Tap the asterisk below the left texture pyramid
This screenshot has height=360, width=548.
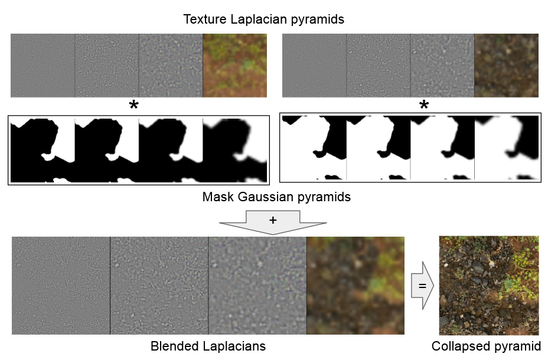coord(134,106)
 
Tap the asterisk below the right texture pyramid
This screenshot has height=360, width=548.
coord(423,106)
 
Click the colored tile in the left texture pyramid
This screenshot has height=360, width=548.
coord(234,65)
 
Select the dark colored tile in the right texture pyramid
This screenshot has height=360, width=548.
coord(506,65)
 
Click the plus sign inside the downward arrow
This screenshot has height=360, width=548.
coord(272,220)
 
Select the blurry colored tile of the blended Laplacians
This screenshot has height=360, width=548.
coord(355,285)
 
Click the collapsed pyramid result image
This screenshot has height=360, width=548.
coord(489,285)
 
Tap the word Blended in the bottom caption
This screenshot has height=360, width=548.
coord(174,346)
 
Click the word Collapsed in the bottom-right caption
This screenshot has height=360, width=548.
coord(459,346)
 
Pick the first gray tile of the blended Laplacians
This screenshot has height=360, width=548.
coord(61,285)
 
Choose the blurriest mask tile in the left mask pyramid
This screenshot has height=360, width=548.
coord(234,149)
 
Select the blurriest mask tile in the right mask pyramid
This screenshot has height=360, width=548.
coord(507,148)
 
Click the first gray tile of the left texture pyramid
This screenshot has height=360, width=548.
coord(43,65)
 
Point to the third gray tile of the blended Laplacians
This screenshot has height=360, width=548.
coord(257,285)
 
